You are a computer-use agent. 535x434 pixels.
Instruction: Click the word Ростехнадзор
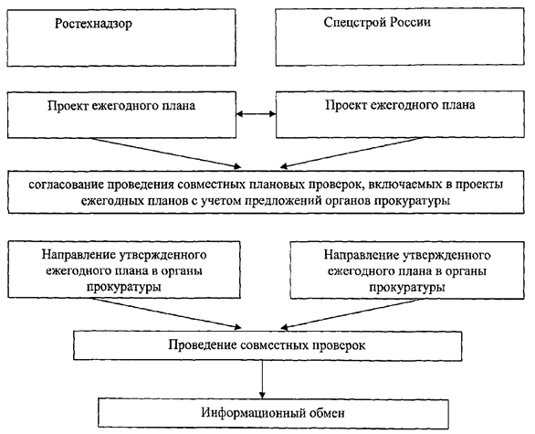click(x=93, y=24)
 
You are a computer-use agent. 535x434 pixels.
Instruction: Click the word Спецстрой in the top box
click(x=355, y=23)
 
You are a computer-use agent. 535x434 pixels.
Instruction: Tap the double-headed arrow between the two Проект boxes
click(x=256, y=113)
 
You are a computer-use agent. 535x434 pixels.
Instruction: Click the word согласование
click(x=66, y=185)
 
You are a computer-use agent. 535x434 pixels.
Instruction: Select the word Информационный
click(x=253, y=412)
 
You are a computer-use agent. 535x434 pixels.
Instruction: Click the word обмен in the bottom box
click(x=327, y=413)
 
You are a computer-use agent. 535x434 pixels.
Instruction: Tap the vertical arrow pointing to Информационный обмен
click(x=262, y=379)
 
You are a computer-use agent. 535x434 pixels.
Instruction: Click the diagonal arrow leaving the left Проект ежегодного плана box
click(x=165, y=153)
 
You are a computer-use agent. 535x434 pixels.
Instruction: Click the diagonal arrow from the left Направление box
click(x=167, y=313)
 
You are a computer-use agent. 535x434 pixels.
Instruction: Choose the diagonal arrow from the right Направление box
click(x=350, y=313)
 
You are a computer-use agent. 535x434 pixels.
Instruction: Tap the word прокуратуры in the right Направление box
click(x=407, y=288)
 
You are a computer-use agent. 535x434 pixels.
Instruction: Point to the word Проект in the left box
click(x=68, y=105)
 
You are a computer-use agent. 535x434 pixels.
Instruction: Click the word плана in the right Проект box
click(x=458, y=105)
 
